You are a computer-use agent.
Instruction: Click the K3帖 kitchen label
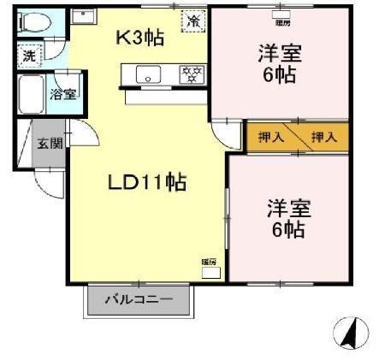click(140, 38)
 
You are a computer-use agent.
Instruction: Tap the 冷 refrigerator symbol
click(193, 19)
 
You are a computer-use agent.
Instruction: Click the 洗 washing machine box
click(28, 56)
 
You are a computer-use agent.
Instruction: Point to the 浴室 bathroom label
click(63, 94)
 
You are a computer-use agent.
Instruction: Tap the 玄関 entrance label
click(49, 143)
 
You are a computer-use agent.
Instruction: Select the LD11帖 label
click(147, 182)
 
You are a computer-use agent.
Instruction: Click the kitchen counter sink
click(149, 75)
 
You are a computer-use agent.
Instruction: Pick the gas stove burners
click(192, 75)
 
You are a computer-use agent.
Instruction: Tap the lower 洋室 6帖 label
click(287, 218)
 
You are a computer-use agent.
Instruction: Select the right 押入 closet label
click(323, 137)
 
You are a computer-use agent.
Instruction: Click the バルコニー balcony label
click(139, 300)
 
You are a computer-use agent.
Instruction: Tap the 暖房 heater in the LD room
click(209, 268)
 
